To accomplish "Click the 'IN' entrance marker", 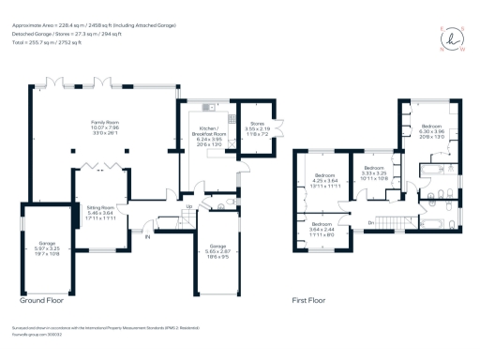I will [146, 236].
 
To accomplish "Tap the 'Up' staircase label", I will [189, 206].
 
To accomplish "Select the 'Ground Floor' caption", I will [44, 301].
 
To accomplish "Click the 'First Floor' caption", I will [307, 301].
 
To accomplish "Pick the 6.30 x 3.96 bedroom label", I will [431, 129].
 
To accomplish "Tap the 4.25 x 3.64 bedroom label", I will [325, 180].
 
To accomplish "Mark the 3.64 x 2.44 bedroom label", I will [322, 228].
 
